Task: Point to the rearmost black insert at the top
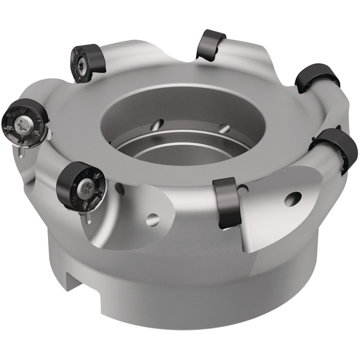click(211, 44)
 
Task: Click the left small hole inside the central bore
click(157, 125)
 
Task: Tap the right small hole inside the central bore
click(224, 128)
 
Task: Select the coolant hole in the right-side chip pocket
click(293, 199)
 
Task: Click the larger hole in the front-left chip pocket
click(153, 220)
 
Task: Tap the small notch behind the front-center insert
click(242, 190)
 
